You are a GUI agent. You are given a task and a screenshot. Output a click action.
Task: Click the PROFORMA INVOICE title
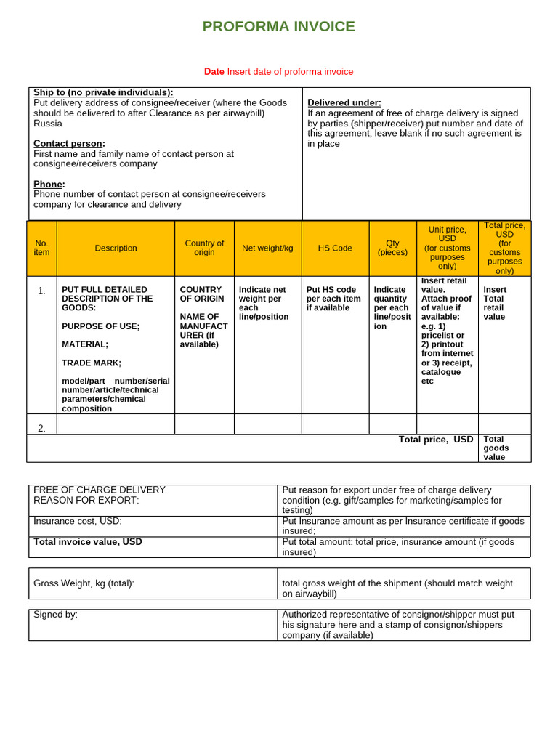278,27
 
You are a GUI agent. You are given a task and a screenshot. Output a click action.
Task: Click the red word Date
214,71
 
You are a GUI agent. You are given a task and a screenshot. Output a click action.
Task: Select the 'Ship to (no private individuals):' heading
103,92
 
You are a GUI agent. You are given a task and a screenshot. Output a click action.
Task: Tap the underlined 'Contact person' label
68,143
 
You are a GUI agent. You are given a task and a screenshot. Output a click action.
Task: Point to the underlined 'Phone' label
49,184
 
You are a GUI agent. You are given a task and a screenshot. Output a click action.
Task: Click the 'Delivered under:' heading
344,102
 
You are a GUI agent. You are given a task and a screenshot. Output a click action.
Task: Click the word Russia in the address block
47,123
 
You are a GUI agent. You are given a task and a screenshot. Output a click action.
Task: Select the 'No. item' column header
42,248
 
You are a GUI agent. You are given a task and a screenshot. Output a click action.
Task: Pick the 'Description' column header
116,248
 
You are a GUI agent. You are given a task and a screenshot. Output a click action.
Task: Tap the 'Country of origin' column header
204,248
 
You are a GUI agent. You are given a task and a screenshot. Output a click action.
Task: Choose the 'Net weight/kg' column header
267,248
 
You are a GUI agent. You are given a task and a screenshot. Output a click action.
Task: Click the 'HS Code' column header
335,248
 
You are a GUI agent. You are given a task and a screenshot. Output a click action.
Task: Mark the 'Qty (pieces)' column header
392,248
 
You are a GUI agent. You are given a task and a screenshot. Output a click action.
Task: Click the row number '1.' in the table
41,291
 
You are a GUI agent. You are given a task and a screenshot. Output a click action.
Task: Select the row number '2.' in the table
41,428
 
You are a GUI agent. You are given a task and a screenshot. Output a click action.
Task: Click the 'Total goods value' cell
496,448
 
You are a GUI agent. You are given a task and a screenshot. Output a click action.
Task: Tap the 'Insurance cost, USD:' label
78,521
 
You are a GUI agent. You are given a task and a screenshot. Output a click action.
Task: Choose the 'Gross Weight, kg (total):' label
84,583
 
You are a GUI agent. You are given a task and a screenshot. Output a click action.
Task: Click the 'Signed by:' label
55,615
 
